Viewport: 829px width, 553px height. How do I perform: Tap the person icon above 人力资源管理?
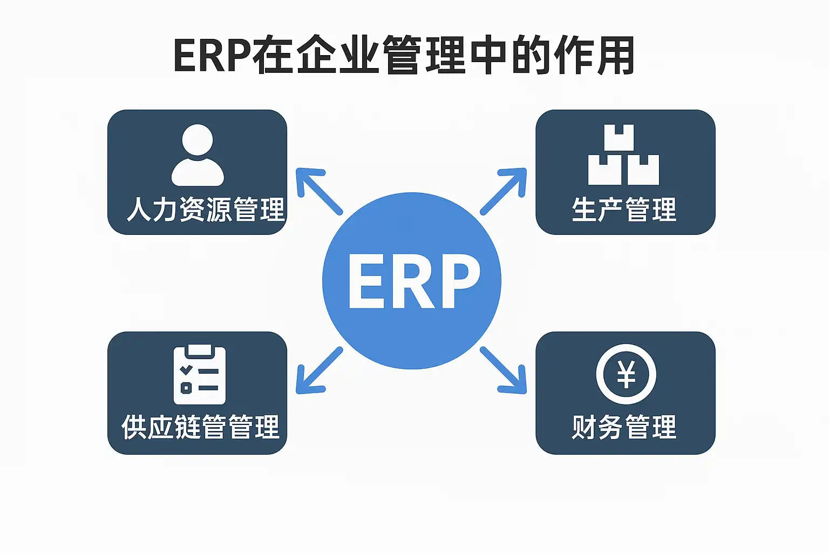(x=197, y=156)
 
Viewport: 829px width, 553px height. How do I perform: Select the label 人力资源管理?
(x=205, y=210)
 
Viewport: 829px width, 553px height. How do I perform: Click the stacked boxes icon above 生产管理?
(x=623, y=155)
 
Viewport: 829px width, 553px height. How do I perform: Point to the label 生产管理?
(x=624, y=210)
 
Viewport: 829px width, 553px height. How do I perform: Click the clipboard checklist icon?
(x=199, y=374)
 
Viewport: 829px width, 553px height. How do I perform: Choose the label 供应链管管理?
(x=200, y=427)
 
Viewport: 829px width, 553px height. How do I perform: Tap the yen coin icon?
(x=626, y=374)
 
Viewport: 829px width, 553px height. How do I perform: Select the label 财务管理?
(x=624, y=427)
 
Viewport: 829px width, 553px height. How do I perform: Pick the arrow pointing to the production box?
(x=504, y=191)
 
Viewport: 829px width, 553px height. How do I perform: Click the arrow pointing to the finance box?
(x=504, y=370)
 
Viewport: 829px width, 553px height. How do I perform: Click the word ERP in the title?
(x=213, y=56)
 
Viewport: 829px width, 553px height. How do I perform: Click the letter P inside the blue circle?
(x=459, y=281)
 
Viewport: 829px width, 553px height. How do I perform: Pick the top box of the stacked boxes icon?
(x=619, y=138)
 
